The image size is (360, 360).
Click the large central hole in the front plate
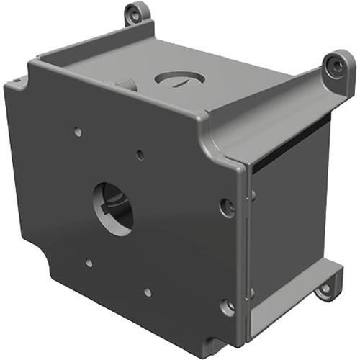pyautogui.click(x=113, y=210)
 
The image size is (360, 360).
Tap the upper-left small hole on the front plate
pyautogui.click(x=77, y=132)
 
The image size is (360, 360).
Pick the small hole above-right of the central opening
pyautogui.click(x=140, y=154)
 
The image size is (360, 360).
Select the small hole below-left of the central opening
pyautogui.click(x=88, y=264)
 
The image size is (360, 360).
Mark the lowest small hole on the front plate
pyautogui.click(x=147, y=292)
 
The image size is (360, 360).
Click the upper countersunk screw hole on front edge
pyautogui.click(x=228, y=207)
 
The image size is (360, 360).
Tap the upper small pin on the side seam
pyautogui.click(x=252, y=194)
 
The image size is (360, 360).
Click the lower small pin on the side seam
pyautogui.click(x=252, y=292)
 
